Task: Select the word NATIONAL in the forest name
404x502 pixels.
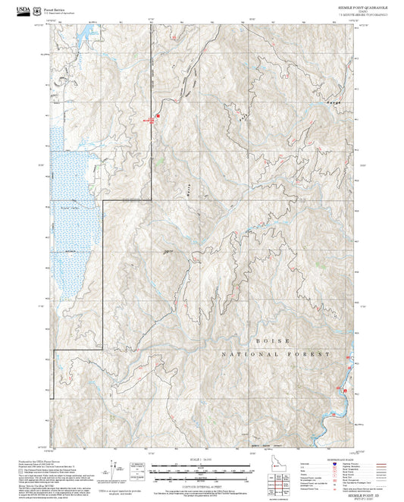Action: (254, 354)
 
